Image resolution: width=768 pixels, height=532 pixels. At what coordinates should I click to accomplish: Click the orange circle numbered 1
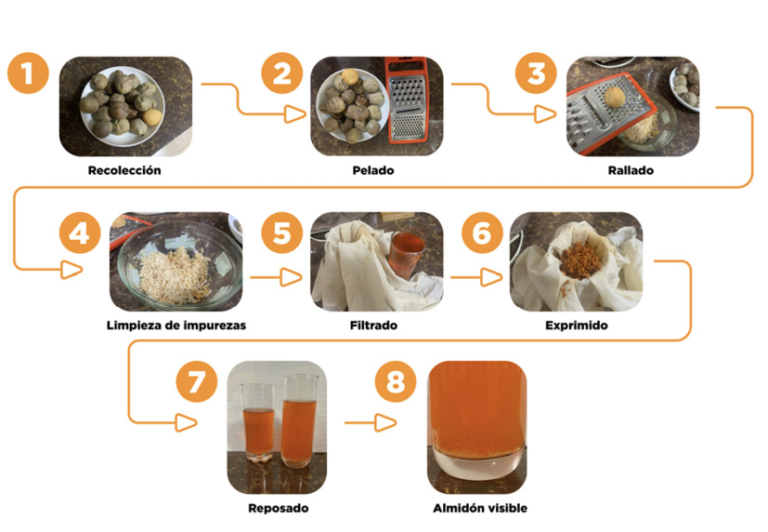coord(29,74)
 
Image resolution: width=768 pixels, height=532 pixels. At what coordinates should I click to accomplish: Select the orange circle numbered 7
coord(197,382)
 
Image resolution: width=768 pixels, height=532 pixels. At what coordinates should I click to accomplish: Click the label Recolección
coord(124,170)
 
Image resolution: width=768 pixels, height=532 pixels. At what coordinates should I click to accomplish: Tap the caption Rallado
coord(632,170)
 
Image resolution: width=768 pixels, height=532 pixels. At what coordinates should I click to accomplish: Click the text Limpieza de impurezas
coord(176,326)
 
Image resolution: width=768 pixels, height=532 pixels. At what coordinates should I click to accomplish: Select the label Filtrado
coord(376,326)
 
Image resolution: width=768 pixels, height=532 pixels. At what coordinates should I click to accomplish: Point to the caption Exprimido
coord(575,326)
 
